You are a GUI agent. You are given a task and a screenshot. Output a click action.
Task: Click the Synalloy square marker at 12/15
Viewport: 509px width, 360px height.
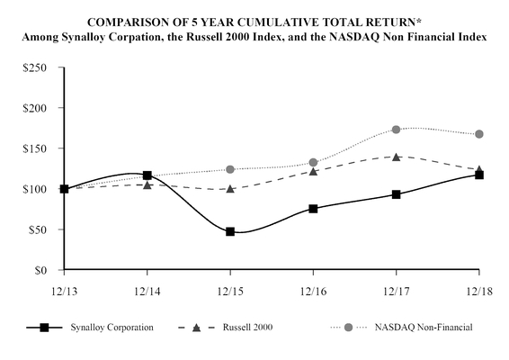point(230,231)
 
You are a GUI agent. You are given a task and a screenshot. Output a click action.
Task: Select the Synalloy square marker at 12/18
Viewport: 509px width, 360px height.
point(479,175)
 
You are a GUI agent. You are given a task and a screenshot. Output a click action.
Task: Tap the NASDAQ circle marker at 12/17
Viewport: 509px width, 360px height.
point(397,130)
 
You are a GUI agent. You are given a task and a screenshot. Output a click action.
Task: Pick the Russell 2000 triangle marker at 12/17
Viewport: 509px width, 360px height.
point(397,157)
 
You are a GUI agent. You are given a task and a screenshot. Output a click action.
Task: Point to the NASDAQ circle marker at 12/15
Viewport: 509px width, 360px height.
point(230,169)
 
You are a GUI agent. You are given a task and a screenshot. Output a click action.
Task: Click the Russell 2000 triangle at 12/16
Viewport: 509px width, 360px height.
point(313,170)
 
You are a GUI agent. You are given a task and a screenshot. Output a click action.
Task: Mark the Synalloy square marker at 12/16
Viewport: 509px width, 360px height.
point(313,208)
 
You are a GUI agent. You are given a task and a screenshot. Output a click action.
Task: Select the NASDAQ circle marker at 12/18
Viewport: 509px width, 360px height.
point(479,134)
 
